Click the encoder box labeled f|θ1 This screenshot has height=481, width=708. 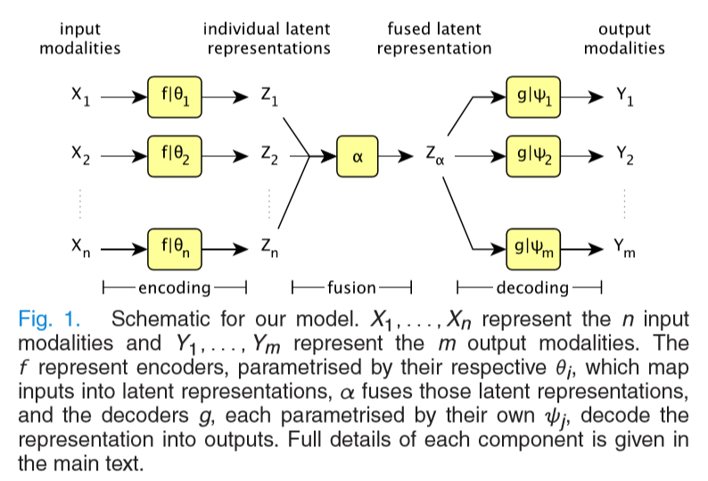pyautogui.click(x=176, y=97)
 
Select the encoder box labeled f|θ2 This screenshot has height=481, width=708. pyautogui.click(x=176, y=155)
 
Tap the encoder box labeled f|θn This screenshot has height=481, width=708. pyautogui.click(x=176, y=247)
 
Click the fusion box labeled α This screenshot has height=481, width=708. pyautogui.click(x=358, y=155)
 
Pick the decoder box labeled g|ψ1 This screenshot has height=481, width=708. pyautogui.click(x=534, y=97)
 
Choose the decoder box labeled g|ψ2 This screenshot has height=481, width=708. pyautogui.click(x=534, y=155)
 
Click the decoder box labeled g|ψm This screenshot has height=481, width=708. pyautogui.click(x=534, y=247)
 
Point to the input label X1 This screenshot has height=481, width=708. pyautogui.click(x=80, y=96)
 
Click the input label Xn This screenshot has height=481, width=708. pyautogui.click(x=80, y=247)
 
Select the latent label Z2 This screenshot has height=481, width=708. pyautogui.click(x=269, y=156)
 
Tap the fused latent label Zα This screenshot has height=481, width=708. pyautogui.click(x=435, y=157)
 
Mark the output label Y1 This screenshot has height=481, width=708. pyautogui.click(x=624, y=97)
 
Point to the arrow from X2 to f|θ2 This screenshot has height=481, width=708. pyautogui.click(x=123, y=155)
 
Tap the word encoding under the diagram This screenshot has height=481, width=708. pyautogui.click(x=174, y=287)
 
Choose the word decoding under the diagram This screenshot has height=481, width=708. pyautogui.click(x=531, y=287)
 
